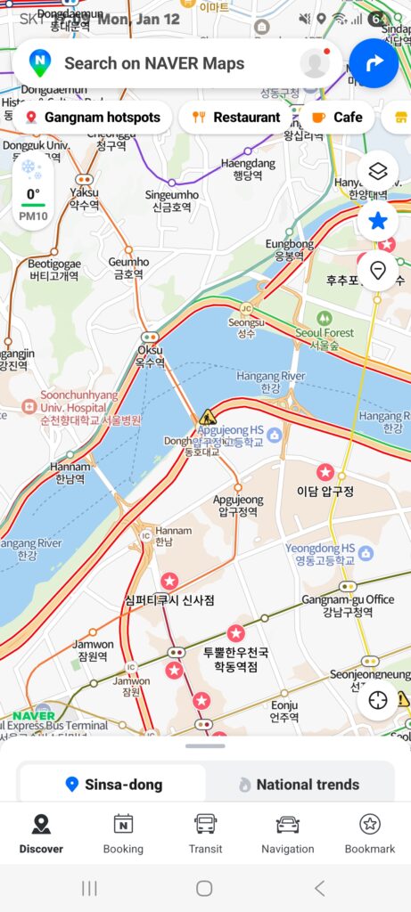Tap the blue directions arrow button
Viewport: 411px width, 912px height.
click(x=373, y=63)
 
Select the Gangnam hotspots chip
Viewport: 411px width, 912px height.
click(x=93, y=117)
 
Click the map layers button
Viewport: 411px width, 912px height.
click(x=378, y=172)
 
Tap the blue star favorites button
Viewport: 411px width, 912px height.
click(x=378, y=221)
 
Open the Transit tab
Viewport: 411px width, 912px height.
click(x=205, y=834)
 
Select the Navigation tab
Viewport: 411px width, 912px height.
click(x=287, y=834)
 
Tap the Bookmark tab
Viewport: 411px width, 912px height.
click(x=369, y=834)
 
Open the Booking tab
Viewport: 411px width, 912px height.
click(x=123, y=834)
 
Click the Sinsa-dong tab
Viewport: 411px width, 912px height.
click(x=113, y=785)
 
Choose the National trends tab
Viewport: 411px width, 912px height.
click(x=299, y=785)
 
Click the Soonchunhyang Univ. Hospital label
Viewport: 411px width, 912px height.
click(x=78, y=406)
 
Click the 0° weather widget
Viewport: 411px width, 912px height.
click(x=33, y=200)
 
